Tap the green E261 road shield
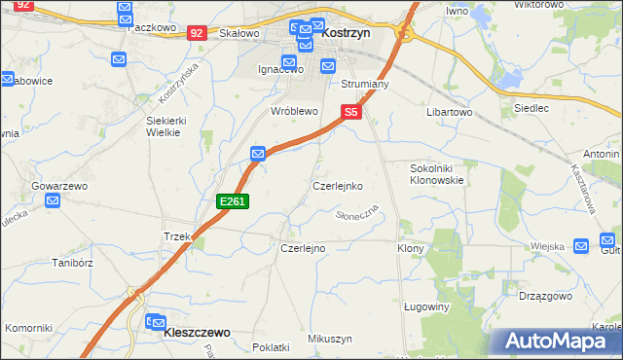click(x=234, y=201)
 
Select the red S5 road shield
click(x=351, y=113)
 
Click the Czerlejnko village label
click(x=338, y=185)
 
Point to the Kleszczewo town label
click(x=198, y=332)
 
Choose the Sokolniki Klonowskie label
click(x=435, y=174)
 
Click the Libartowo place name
click(x=449, y=112)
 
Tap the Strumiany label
click(x=364, y=85)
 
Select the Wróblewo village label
click(x=294, y=112)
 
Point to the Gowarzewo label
click(x=60, y=185)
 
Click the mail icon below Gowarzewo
click(x=54, y=201)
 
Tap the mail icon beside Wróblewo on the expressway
click(x=258, y=154)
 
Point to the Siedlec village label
click(x=530, y=108)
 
